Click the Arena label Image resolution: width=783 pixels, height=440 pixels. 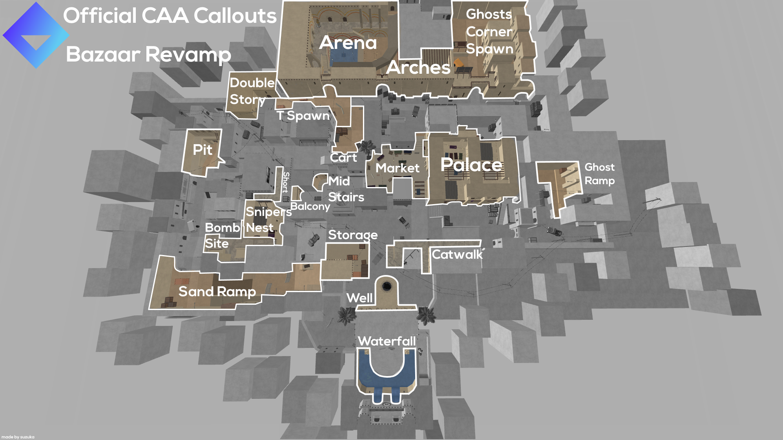pyautogui.click(x=348, y=42)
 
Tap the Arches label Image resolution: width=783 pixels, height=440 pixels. pyautogui.click(x=418, y=67)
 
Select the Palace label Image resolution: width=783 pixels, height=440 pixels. pyautogui.click(x=471, y=165)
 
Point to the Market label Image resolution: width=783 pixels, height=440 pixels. pyautogui.click(x=397, y=168)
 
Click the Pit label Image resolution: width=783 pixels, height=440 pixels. pyautogui.click(x=203, y=150)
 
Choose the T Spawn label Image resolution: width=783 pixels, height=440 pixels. pyautogui.click(x=303, y=116)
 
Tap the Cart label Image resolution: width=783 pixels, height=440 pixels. pyautogui.click(x=343, y=158)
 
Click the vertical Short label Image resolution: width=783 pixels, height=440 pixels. pyautogui.click(x=286, y=182)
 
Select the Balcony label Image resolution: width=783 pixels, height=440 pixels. pyautogui.click(x=310, y=207)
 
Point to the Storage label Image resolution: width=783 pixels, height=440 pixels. pyautogui.click(x=353, y=235)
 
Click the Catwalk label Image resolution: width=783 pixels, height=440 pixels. pyautogui.click(x=457, y=255)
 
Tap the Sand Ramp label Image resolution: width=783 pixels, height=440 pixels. pyautogui.click(x=217, y=291)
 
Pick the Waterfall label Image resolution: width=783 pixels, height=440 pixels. pyautogui.click(x=387, y=341)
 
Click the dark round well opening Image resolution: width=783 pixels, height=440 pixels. pyautogui.click(x=386, y=286)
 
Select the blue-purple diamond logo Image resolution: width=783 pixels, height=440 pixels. pyautogui.click(x=36, y=35)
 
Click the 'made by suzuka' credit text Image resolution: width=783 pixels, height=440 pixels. pyautogui.click(x=18, y=437)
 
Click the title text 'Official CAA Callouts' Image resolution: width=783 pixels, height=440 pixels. pyautogui.click(x=170, y=15)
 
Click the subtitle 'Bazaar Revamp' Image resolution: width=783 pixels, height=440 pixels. pyautogui.click(x=148, y=54)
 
